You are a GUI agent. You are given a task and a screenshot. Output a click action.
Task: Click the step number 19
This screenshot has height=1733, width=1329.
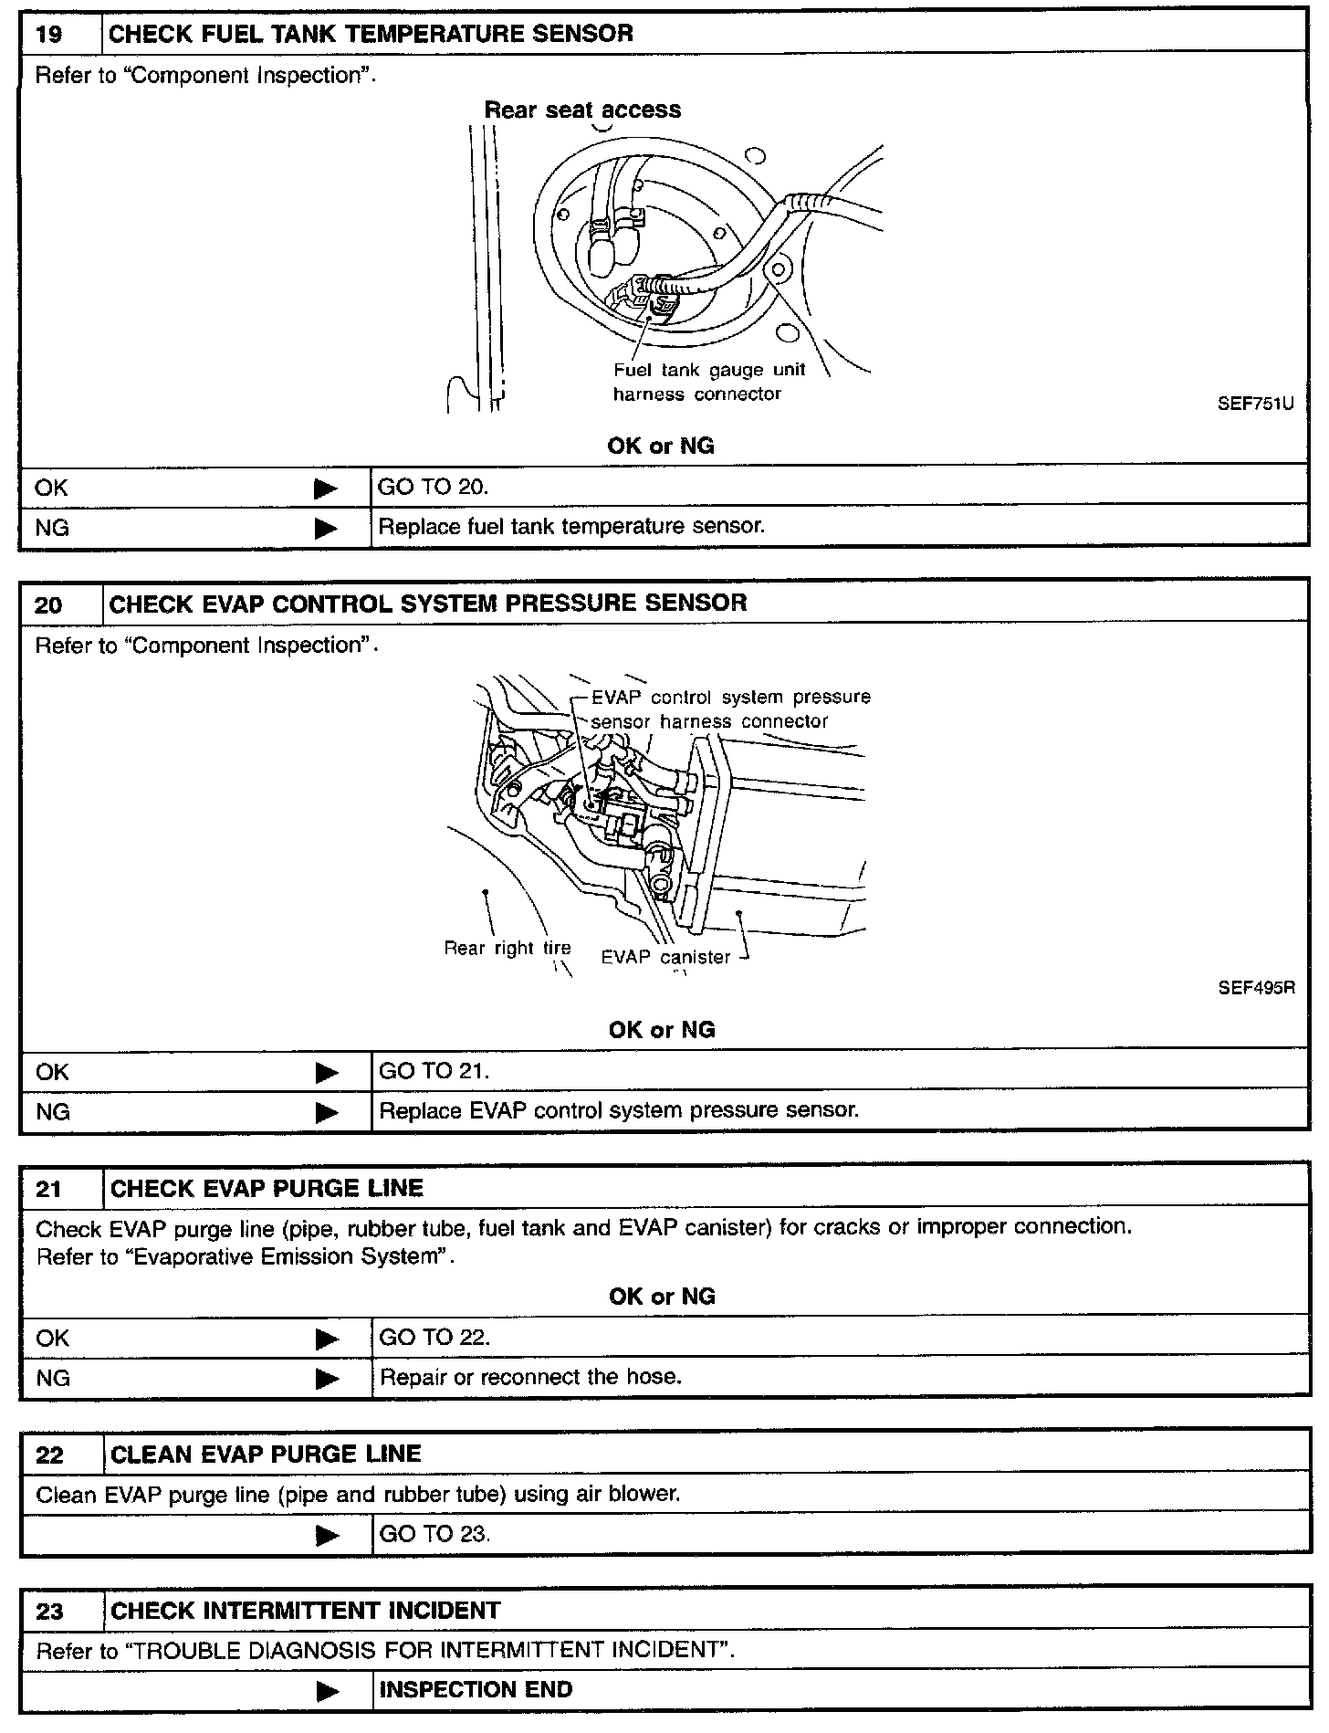(48, 34)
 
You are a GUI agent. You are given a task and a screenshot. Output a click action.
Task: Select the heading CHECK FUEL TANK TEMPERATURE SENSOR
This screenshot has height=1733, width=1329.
(371, 34)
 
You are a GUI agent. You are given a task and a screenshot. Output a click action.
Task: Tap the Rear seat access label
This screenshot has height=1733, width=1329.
(582, 110)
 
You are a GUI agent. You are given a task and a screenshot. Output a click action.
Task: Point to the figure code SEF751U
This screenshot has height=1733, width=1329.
(1255, 404)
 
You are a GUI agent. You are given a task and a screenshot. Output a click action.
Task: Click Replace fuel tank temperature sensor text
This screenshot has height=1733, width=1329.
(571, 526)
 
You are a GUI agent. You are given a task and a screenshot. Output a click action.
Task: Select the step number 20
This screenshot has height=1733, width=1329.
(48, 604)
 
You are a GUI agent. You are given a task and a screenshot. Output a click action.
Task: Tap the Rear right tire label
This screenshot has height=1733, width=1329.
(507, 948)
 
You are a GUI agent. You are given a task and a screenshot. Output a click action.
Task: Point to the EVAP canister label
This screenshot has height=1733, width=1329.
(665, 957)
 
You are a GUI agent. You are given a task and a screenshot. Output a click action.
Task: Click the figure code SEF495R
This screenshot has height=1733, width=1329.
(1256, 988)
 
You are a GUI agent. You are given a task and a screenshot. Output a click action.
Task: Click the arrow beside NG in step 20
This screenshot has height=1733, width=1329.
(326, 1112)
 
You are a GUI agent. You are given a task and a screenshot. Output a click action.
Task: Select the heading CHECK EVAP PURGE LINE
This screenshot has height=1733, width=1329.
(267, 1189)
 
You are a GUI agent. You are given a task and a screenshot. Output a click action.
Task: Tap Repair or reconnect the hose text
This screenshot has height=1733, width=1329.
(530, 1377)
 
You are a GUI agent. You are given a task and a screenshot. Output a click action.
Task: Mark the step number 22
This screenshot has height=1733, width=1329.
(49, 1455)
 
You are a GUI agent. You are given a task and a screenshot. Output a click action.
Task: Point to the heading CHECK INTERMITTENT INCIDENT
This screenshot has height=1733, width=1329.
(305, 1611)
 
